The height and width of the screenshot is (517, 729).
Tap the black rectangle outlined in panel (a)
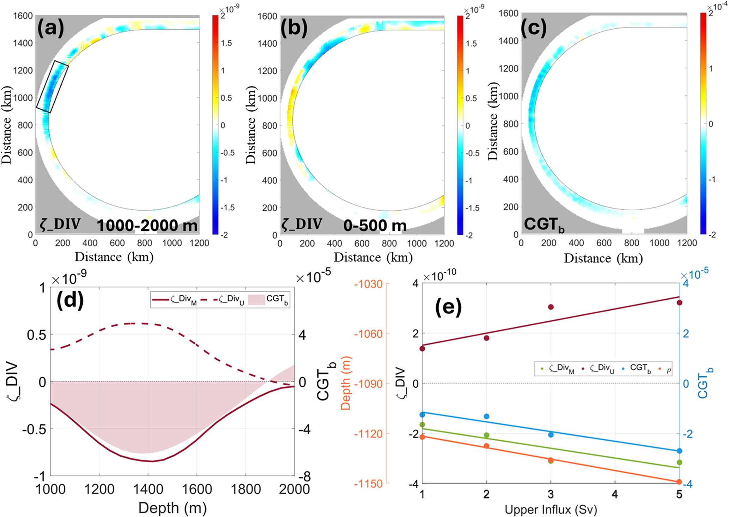pos(52,87)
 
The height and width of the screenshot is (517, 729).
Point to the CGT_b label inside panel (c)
pos(544,225)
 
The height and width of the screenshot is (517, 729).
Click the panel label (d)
pos(70,301)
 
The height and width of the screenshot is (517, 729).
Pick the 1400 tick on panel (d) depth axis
pos(148,489)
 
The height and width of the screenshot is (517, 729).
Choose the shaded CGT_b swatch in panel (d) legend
pos(256,300)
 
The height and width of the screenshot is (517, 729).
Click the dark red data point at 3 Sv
pos(551,307)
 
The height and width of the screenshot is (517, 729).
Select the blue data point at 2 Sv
pos(486,416)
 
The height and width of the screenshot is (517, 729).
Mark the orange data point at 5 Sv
pos(679,482)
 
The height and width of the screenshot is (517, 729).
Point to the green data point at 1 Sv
pos(422,425)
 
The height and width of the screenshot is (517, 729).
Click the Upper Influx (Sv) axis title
pos(551,510)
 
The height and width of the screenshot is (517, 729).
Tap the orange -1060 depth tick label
pos(368,333)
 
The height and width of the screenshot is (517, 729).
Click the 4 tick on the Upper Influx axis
pos(615,494)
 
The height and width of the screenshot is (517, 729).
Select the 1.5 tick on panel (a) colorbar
pos(226,43)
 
